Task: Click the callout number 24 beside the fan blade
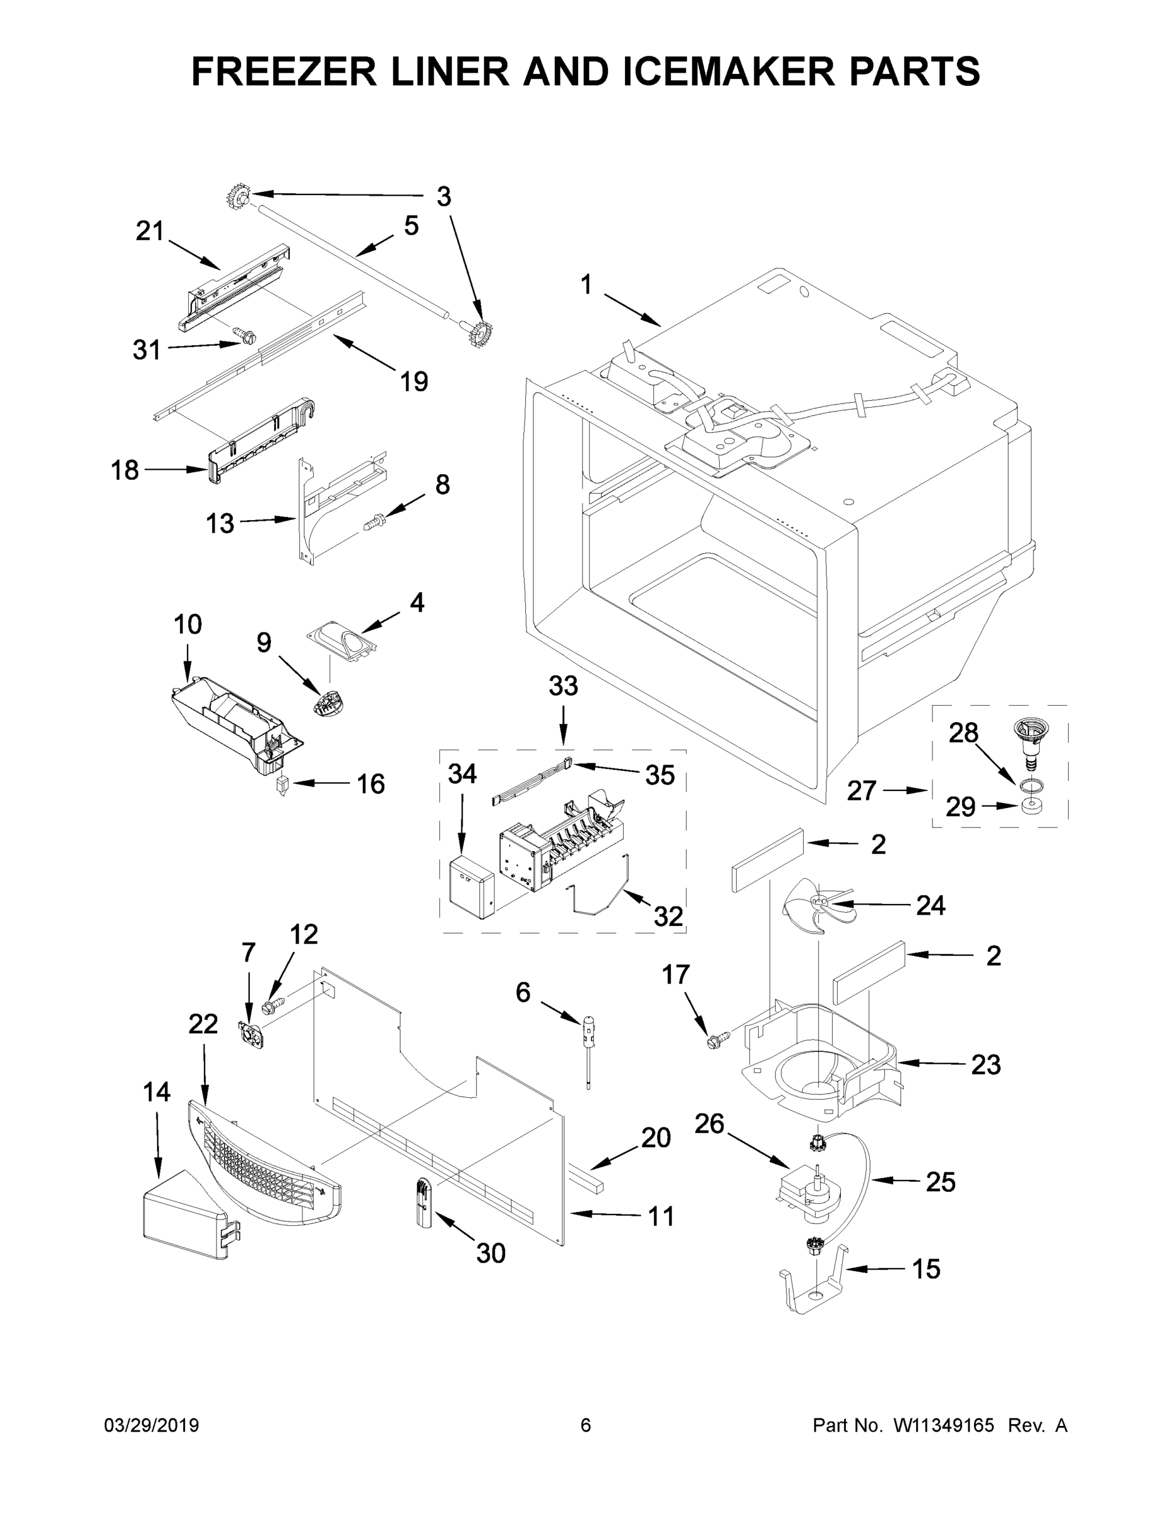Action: coord(930,905)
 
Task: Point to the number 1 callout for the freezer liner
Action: coord(586,285)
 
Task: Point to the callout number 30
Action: coord(490,1254)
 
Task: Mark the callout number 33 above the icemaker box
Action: coord(562,686)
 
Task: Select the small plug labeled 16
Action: coord(282,785)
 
